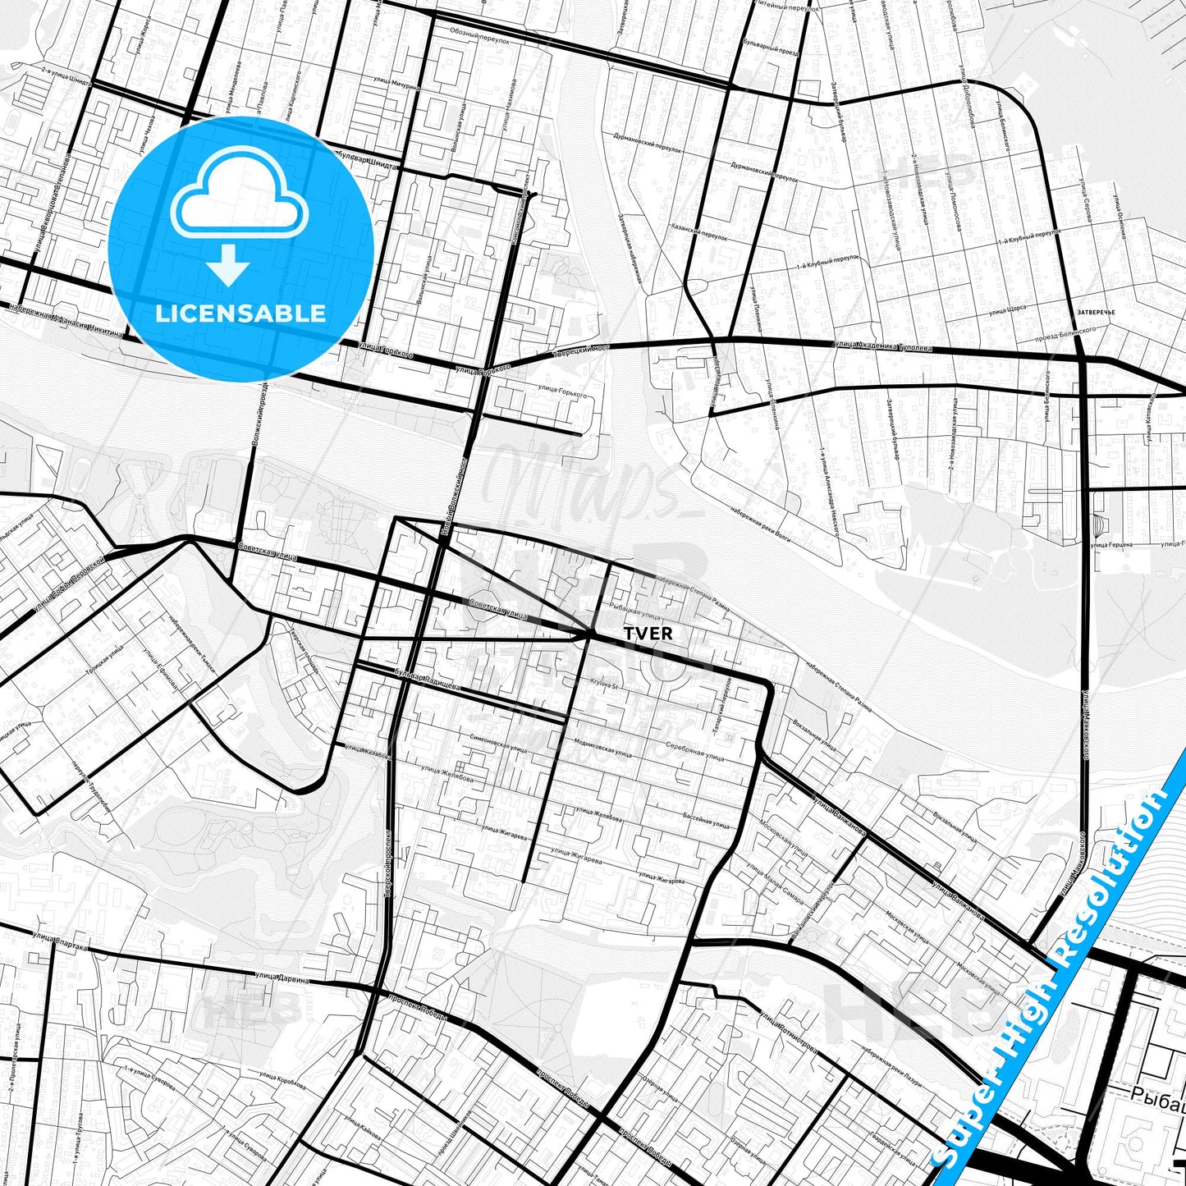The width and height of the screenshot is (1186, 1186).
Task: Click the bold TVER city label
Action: (648, 634)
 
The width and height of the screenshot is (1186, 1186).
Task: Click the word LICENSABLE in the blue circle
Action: (240, 314)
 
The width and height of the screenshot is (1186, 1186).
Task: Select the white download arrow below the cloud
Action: (228, 265)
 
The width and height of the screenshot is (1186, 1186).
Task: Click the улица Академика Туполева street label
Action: (883, 347)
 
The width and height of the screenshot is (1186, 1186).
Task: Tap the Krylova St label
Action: (602, 684)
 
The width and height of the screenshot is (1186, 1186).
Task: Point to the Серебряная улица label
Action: (695, 752)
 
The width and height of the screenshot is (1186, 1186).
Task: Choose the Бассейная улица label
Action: (706, 821)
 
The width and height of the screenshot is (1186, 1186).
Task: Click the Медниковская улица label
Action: (603, 749)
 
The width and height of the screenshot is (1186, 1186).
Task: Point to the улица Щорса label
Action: (1007, 311)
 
